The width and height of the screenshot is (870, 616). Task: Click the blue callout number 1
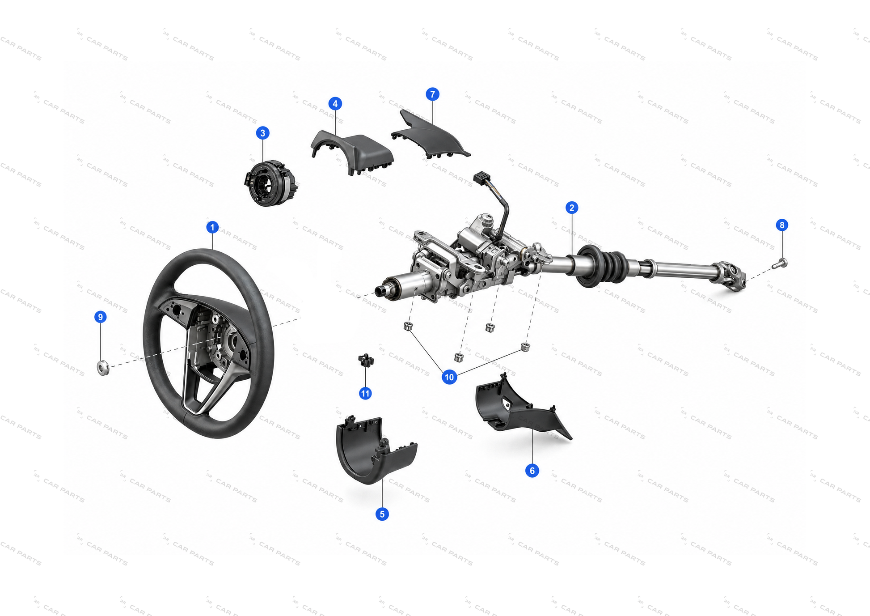coord(212,227)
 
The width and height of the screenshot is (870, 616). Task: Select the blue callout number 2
coord(571,208)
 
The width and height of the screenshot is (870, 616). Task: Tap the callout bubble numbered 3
coord(262,133)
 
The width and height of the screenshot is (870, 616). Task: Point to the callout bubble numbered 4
coord(335,104)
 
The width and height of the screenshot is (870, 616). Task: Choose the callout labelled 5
coord(382,514)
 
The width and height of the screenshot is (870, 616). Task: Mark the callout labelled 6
coord(532,471)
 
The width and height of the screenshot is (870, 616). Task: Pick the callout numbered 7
coord(432,94)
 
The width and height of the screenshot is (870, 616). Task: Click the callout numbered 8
coord(782,225)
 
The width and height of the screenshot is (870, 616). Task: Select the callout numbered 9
coord(101,317)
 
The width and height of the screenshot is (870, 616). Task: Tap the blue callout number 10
coord(449,377)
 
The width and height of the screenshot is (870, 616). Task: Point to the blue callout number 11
coord(365,394)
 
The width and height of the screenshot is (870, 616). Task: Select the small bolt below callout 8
coord(780,263)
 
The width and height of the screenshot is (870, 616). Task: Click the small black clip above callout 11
coord(366,360)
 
